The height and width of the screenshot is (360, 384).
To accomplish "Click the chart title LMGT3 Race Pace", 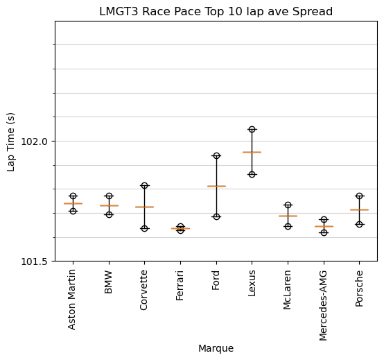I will (216, 12).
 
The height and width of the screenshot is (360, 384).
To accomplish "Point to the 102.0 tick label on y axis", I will (35, 142).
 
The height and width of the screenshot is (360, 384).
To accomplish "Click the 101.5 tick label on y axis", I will (35, 262).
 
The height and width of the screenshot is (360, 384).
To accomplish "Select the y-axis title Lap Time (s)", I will (11, 142).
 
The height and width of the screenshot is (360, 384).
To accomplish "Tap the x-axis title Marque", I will (216, 348).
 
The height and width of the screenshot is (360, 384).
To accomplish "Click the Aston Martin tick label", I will (73, 298).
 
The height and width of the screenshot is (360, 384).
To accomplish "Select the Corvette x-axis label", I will (144, 289).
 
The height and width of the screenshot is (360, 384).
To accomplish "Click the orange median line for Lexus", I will (252, 152).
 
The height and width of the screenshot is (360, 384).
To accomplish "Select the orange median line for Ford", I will (216, 186).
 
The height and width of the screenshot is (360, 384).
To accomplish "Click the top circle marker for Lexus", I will (252, 129).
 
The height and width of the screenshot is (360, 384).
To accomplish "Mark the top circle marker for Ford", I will (216, 155).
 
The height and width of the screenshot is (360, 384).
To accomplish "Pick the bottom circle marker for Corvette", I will (144, 228).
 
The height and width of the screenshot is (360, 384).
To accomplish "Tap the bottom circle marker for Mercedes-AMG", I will (324, 232).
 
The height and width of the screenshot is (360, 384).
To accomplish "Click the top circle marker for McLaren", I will (288, 205).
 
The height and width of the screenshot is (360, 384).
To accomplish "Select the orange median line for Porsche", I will (359, 209).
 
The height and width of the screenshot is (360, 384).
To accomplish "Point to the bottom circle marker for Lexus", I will (252, 174).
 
